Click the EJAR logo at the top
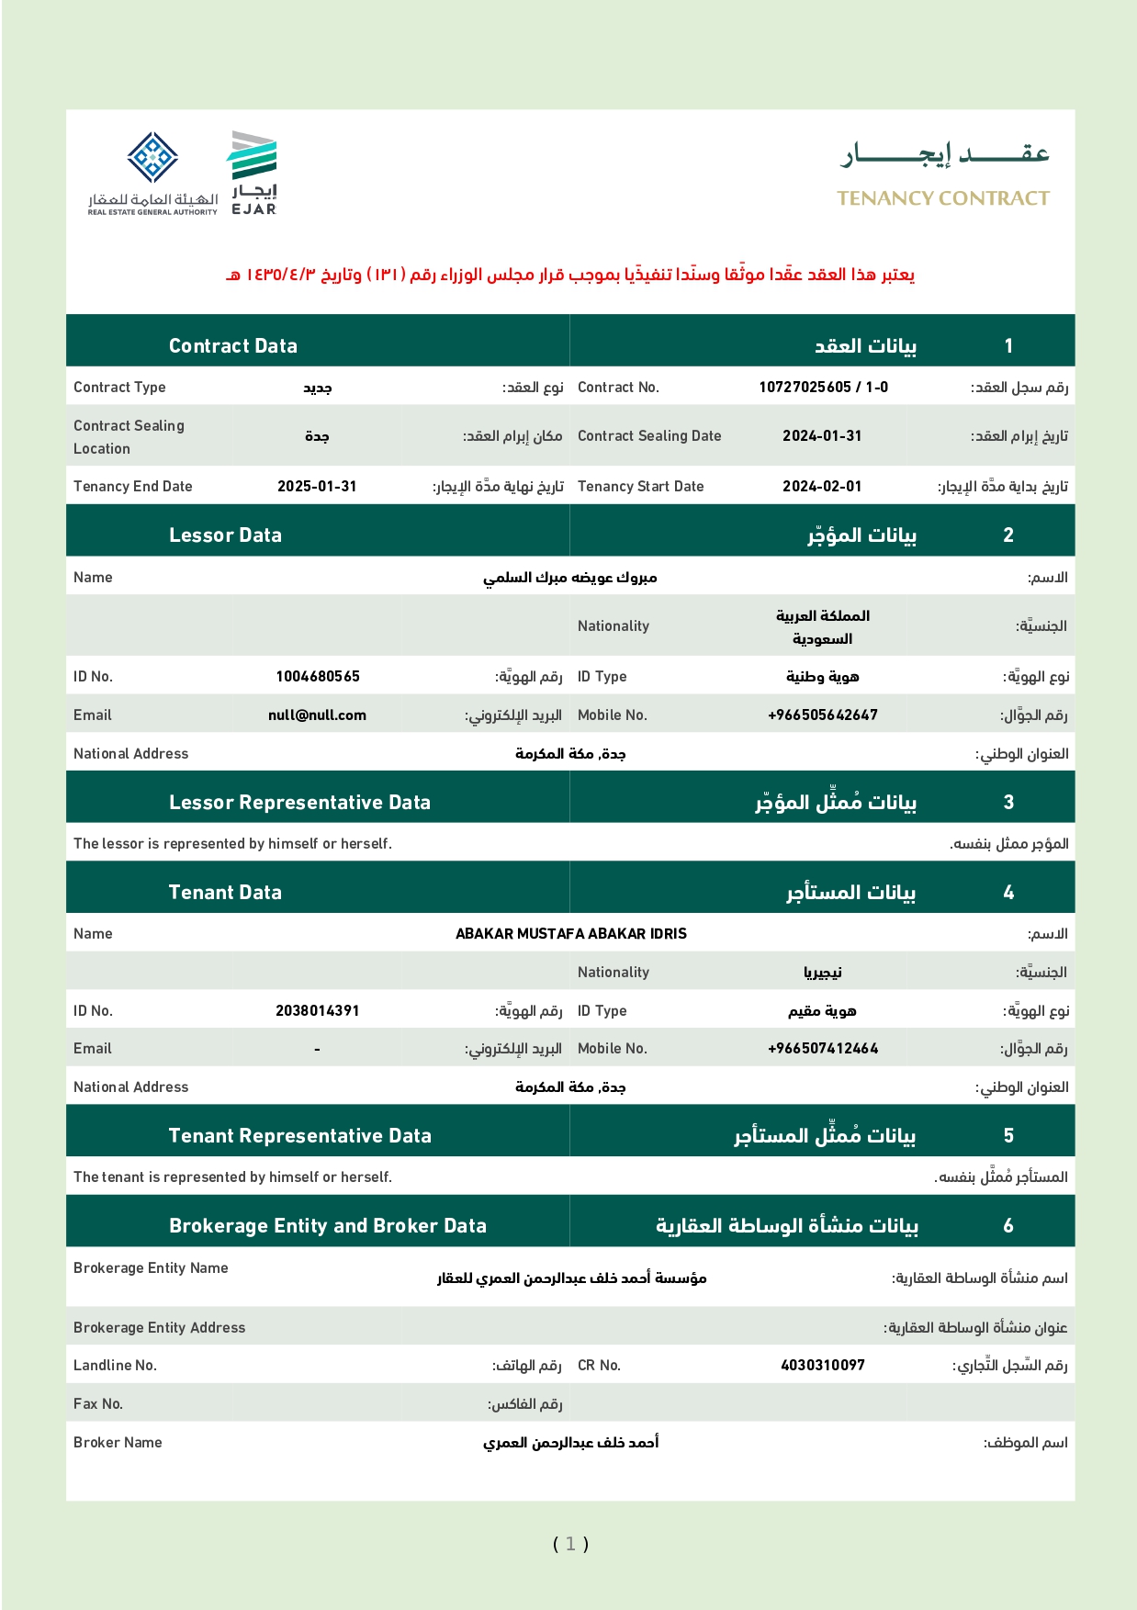coord(253,173)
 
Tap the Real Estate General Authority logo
coord(152,173)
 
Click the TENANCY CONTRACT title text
coord(942,198)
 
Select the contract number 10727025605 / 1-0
coord(823,388)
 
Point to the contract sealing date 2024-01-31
coord(822,436)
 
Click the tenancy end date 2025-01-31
coord(317,487)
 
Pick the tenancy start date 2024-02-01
coord(822,487)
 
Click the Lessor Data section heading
coord(225,535)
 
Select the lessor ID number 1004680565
coord(318,677)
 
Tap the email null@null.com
coord(317,715)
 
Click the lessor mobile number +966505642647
coord(823,715)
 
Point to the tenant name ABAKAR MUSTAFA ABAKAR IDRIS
coord(571,934)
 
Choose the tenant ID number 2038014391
coord(317,1011)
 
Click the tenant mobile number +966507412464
coord(823,1049)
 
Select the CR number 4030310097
coord(823,1366)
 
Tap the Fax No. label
coord(98,1404)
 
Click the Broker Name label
coord(118,1443)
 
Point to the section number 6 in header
coord(1008,1226)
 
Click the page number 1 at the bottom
coord(570,1544)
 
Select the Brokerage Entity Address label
coord(160,1328)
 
